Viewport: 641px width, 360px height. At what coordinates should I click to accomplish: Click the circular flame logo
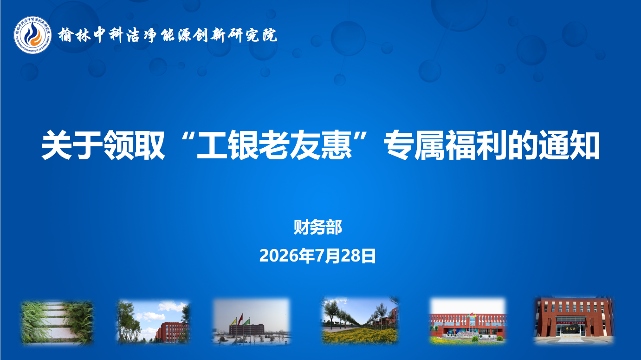pyautogui.click(x=32, y=35)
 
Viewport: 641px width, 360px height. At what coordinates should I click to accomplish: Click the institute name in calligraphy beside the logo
pyautogui.click(x=168, y=35)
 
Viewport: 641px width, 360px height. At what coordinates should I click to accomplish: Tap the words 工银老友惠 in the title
pyautogui.click(x=274, y=144)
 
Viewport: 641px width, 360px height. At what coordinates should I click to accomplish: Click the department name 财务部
pyautogui.click(x=318, y=228)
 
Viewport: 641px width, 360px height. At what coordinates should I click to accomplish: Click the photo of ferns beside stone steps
pyautogui.click(x=57, y=322)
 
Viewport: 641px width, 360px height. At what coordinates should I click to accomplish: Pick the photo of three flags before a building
pyautogui.click(x=251, y=321)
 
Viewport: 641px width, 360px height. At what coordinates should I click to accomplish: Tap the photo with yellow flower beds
pyautogui.click(x=360, y=321)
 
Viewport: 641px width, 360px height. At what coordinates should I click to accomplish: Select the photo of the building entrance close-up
pyautogui.click(x=574, y=321)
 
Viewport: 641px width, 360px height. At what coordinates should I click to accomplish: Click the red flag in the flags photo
pyautogui.click(x=240, y=319)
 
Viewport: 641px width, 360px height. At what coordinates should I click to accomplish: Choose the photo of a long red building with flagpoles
pyautogui.click(x=468, y=321)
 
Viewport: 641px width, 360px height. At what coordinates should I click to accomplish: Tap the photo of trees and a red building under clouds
pyautogui.click(x=153, y=321)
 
